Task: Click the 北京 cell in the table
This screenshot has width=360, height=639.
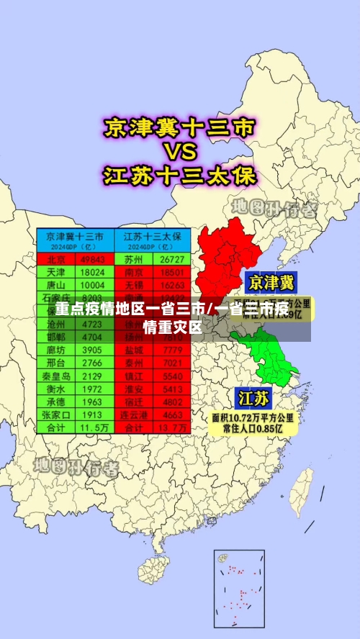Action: click(56, 259)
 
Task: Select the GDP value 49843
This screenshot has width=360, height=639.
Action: click(93, 259)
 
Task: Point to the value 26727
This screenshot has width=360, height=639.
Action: click(173, 259)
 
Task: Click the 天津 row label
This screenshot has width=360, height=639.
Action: click(56, 272)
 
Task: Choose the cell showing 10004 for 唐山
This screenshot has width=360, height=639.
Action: click(93, 285)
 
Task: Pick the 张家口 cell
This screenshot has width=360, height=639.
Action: click(56, 414)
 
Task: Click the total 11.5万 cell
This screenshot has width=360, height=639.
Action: click(93, 427)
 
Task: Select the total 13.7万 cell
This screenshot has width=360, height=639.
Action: click(173, 427)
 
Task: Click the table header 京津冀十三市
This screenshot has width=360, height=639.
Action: click(75, 236)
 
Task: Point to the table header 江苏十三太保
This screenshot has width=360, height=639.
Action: click(152, 236)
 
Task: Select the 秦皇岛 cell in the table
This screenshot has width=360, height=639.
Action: click(56, 376)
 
